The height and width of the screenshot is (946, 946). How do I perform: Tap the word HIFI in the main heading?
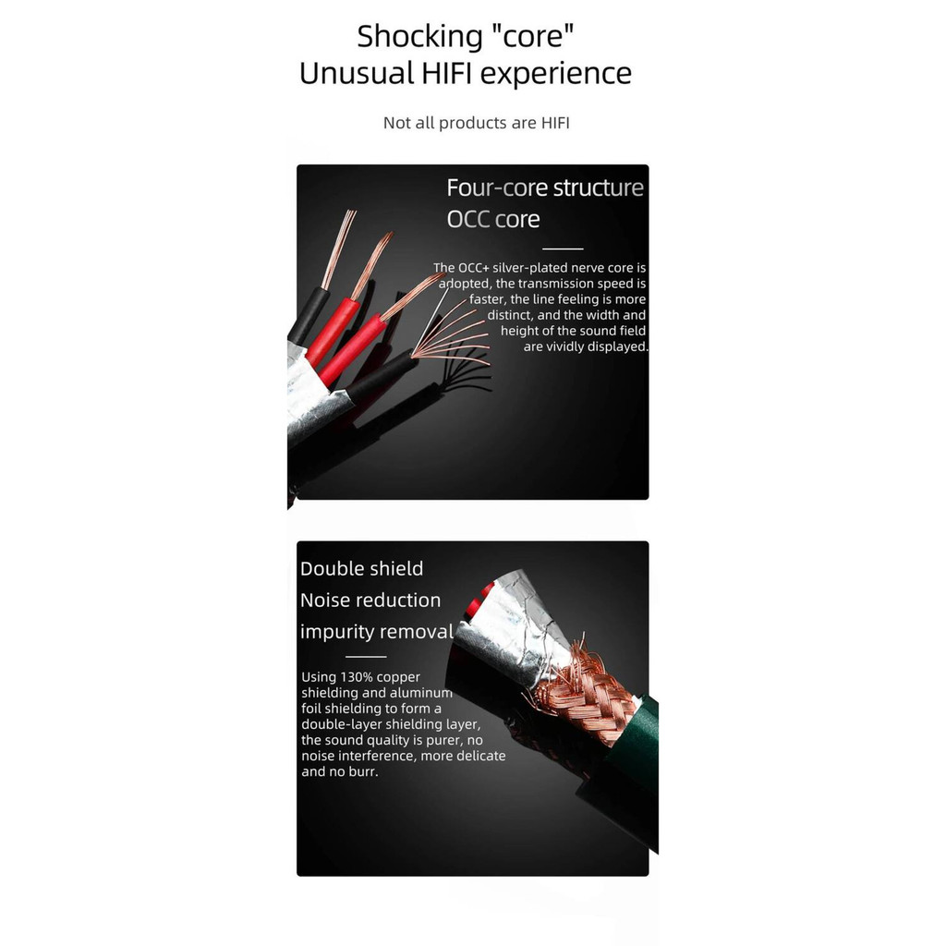point(447,74)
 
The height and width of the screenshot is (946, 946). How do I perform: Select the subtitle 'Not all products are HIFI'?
point(476,123)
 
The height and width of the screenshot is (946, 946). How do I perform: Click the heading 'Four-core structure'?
point(545,188)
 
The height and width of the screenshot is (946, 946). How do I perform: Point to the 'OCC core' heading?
point(493,219)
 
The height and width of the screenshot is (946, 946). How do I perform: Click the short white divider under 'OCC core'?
point(563,249)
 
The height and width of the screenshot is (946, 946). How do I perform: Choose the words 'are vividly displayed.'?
point(586,346)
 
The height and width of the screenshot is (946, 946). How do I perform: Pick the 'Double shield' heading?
point(361,569)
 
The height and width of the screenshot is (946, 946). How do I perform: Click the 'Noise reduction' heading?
point(370,600)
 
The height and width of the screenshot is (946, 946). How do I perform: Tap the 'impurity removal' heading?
point(377,632)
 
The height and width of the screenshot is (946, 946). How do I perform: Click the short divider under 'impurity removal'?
point(366,657)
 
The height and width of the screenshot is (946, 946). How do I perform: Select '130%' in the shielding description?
point(356,677)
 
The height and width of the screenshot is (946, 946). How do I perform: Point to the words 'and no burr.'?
point(340,771)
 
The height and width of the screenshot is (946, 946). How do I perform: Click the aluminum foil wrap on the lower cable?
point(513,634)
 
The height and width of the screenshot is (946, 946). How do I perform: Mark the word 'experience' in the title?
point(555,75)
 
